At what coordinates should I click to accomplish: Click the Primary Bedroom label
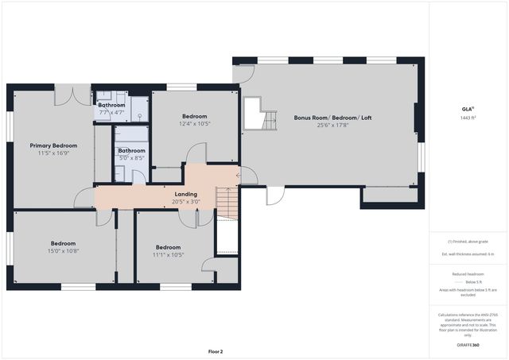[53, 145]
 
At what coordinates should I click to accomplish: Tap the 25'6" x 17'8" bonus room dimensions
[332, 125]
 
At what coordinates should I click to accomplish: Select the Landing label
[185, 194]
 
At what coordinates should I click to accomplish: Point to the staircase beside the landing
[227, 203]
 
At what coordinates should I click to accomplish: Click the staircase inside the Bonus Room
[266, 118]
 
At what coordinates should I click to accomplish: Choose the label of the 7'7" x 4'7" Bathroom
[111, 105]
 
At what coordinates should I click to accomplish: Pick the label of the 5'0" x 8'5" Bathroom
[131, 150]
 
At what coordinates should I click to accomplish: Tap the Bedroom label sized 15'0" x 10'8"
[64, 243]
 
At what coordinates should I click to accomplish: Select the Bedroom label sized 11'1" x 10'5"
[168, 246]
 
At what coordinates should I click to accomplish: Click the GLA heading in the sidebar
[468, 109]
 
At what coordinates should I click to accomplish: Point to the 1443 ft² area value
[468, 117]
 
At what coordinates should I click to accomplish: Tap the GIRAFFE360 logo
[468, 346]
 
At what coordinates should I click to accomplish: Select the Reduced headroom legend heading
[468, 273]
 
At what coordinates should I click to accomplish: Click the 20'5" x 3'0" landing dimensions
[185, 202]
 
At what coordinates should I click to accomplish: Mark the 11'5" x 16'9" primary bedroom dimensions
[53, 153]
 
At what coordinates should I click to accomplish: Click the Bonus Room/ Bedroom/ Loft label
[332, 118]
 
